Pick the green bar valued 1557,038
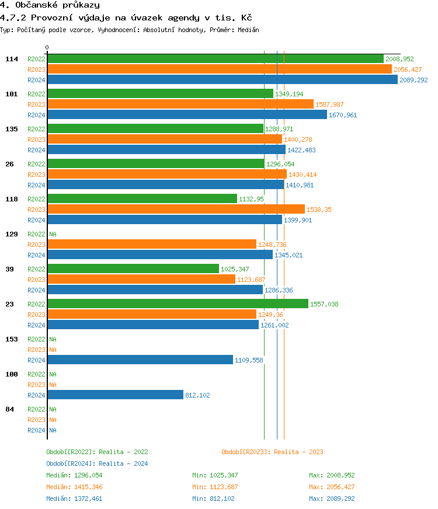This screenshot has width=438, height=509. tap(178, 304)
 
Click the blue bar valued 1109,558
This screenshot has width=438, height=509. tap(140, 360)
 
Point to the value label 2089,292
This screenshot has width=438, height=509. tap(413, 80)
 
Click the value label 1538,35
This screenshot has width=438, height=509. tap(319, 210)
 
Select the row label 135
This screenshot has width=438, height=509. tap(12, 129)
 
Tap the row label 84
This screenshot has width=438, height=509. tap(9, 409)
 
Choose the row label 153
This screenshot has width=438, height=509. tap(12, 339)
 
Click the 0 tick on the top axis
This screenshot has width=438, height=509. tap(47, 48)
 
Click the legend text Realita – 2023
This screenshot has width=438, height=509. tap(298, 452)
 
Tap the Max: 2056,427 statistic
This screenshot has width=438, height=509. tap(332, 487)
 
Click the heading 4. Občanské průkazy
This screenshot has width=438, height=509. tap(50, 5)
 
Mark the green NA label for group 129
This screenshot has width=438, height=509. tap(53, 234)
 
